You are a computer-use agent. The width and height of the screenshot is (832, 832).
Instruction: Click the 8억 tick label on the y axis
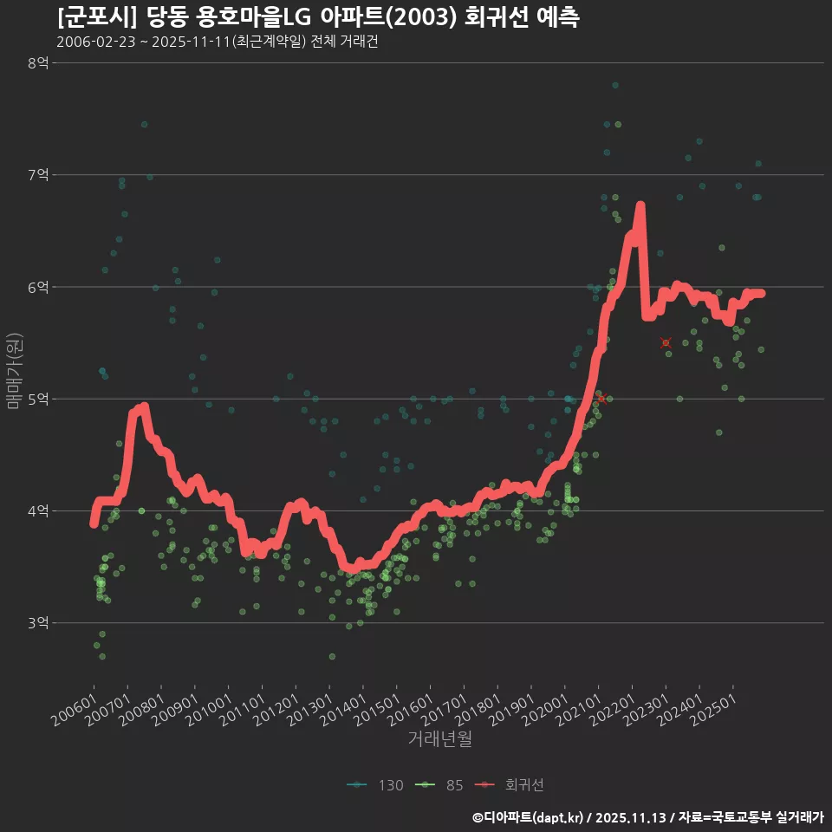38,62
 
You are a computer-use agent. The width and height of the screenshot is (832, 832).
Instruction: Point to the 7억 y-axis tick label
38,175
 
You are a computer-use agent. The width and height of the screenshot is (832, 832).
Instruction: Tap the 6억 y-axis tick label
38,287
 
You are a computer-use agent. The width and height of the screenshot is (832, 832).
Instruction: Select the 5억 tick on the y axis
38,399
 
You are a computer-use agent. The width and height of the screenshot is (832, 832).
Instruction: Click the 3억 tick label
38,623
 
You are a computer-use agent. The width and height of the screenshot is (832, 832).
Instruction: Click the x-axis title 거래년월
439,739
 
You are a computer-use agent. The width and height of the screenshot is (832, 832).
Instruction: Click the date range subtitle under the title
217,42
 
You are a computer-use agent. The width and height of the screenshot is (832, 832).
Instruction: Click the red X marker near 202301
666,343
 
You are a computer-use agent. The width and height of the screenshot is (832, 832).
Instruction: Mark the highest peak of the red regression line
640,205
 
